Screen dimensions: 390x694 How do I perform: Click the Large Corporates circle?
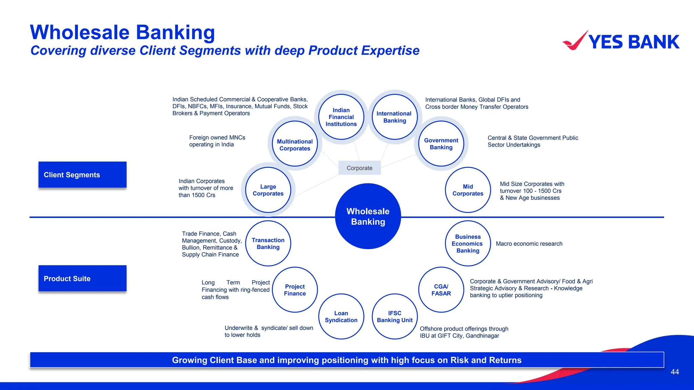coord(268,190)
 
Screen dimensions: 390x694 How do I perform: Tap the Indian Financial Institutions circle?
coord(341,117)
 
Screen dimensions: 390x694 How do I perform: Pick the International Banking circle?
coord(394,117)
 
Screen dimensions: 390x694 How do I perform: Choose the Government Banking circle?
coord(441,144)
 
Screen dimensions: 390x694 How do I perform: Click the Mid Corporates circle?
coord(468,190)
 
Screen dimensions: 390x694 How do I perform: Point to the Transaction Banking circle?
coord(268,243)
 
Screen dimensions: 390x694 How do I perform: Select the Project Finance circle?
coord(295,290)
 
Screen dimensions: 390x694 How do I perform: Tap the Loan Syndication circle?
coord(341,317)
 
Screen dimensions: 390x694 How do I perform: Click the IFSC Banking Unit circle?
coord(394,317)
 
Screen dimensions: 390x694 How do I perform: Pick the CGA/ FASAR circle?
coord(441,290)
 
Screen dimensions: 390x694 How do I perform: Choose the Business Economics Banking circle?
coord(468,243)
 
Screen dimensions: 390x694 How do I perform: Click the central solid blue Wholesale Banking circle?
coord(368,216)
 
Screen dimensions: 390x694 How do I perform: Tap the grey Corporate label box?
coord(360,168)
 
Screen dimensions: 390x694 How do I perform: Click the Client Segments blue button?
coord(82,175)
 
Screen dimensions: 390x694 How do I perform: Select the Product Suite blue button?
coord(82,278)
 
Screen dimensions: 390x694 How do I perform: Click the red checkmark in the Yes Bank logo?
coord(575,41)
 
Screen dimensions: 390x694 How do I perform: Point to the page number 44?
coord(675,372)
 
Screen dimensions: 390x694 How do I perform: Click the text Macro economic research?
coord(529,244)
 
